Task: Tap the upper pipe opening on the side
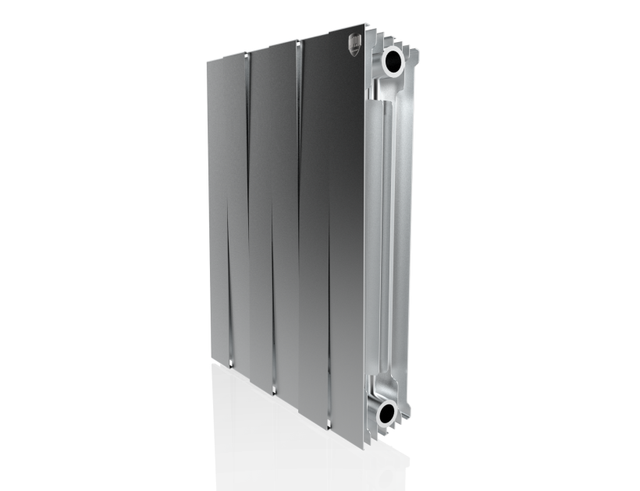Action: [393, 59]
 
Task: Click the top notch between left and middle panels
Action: [250, 55]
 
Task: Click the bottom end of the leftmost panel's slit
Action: [232, 362]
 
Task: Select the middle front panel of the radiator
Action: [273, 210]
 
